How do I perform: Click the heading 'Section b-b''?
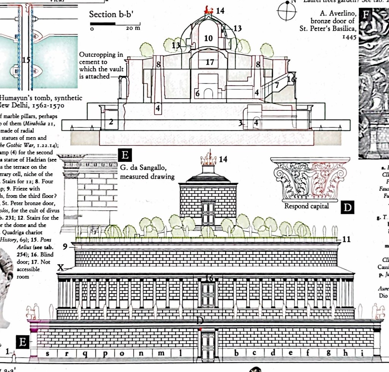tap(108, 14)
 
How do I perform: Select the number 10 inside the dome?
tap(208, 38)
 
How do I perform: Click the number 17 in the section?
tap(210, 62)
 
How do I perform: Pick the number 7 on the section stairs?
tap(277, 85)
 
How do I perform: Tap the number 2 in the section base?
tap(111, 122)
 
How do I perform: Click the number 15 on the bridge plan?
tap(26, 60)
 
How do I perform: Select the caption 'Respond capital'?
tap(307, 206)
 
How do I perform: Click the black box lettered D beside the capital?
tap(347, 208)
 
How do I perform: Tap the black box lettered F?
tap(366, 15)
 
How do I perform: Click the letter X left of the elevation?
tap(60, 268)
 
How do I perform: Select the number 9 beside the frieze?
tap(65, 247)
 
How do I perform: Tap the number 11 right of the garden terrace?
tap(346, 239)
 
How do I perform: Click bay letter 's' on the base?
tap(47, 353)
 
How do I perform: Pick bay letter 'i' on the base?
tap(362, 353)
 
